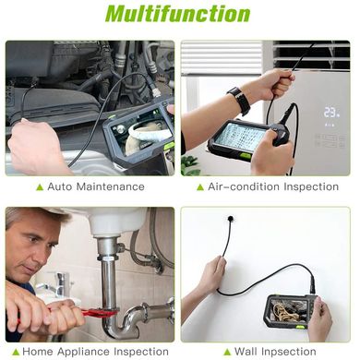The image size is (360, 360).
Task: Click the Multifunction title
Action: (x=177, y=14)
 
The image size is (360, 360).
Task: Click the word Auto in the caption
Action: (x=60, y=186)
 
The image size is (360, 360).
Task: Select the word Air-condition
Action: (x=244, y=186)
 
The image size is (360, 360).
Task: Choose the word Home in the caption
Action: (x=38, y=352)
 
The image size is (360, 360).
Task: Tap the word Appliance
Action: (x=84, y=352)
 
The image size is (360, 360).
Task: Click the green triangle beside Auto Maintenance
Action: (x=40, y=187)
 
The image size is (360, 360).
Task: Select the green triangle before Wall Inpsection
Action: (x=227, y=352)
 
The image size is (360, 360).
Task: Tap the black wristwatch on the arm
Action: (x=239, y=101)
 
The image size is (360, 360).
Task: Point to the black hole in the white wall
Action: (x=231, y=219)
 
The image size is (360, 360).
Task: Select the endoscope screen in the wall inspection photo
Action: (x=289, y=310)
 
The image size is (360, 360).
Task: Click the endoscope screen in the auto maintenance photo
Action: (x=144, y=132)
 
